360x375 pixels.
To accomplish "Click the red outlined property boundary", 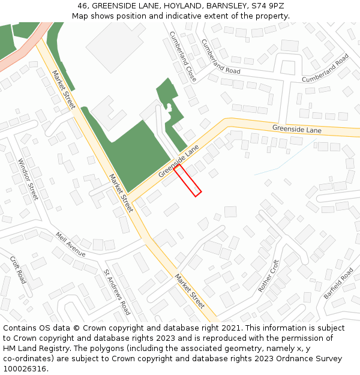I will point(188,179).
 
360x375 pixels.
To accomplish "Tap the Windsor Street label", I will point(28,179).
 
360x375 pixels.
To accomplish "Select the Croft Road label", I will point(18,270).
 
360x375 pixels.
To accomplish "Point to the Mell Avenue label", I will point(71,245).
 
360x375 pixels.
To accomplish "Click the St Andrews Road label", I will point(116,292).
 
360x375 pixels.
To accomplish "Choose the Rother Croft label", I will point(269,276).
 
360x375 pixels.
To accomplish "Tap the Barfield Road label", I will point(339,284).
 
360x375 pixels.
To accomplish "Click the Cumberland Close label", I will point(183,56).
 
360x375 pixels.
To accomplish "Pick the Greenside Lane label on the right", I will point(296,129).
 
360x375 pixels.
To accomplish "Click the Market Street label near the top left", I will point(63,90).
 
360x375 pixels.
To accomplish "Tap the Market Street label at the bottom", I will point(190,291).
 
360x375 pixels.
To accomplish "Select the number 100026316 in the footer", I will point(25,368).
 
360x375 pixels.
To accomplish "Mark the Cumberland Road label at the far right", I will point(325,68).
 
